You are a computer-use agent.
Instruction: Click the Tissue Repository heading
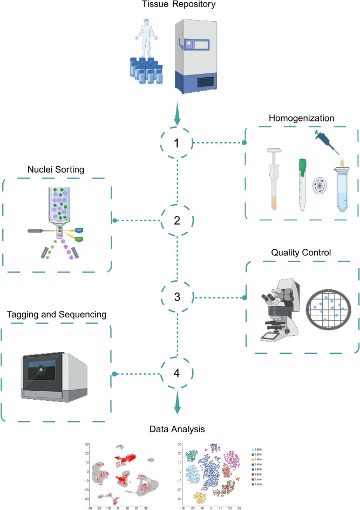click(x=179, y=6)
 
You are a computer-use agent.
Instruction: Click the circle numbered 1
click(x=179, y=143)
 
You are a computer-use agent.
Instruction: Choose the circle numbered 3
click(x=179, y=297)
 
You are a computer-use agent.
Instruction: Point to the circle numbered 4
click(x=179, y=373)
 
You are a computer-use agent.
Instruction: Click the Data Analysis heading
click(x=179, y=429)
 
